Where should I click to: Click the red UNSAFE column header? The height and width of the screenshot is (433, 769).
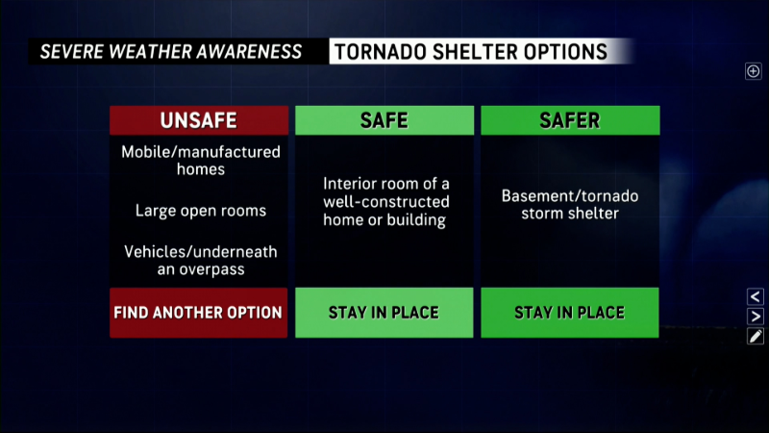pos(199,120)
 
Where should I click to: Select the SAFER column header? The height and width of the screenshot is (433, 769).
pos(570,120)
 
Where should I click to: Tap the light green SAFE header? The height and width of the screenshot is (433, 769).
pos(384,120)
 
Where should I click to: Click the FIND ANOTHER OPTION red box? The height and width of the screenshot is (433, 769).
pos(199,313)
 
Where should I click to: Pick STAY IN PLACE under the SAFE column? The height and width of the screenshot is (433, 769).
pos(384,313)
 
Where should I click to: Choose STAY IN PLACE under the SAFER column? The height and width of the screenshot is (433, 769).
pos(570,313)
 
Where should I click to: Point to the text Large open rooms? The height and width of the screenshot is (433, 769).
pos(201,211)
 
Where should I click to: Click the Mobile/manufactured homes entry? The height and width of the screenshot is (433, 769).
pos(201,161)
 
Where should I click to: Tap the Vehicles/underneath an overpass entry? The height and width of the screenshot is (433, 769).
pos(201,261)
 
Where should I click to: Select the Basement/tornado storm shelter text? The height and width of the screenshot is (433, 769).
pos(570,205)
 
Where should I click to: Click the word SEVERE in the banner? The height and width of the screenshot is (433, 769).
pos(71,52)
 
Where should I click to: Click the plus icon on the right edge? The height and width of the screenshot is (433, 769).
pos(754,71)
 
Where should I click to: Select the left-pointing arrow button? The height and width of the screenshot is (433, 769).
pos(756,296)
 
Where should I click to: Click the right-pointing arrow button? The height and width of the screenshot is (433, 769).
pos(756,317)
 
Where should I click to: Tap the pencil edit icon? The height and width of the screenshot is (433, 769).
pos(756,336)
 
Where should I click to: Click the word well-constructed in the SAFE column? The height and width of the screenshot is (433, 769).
pos(386,202)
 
